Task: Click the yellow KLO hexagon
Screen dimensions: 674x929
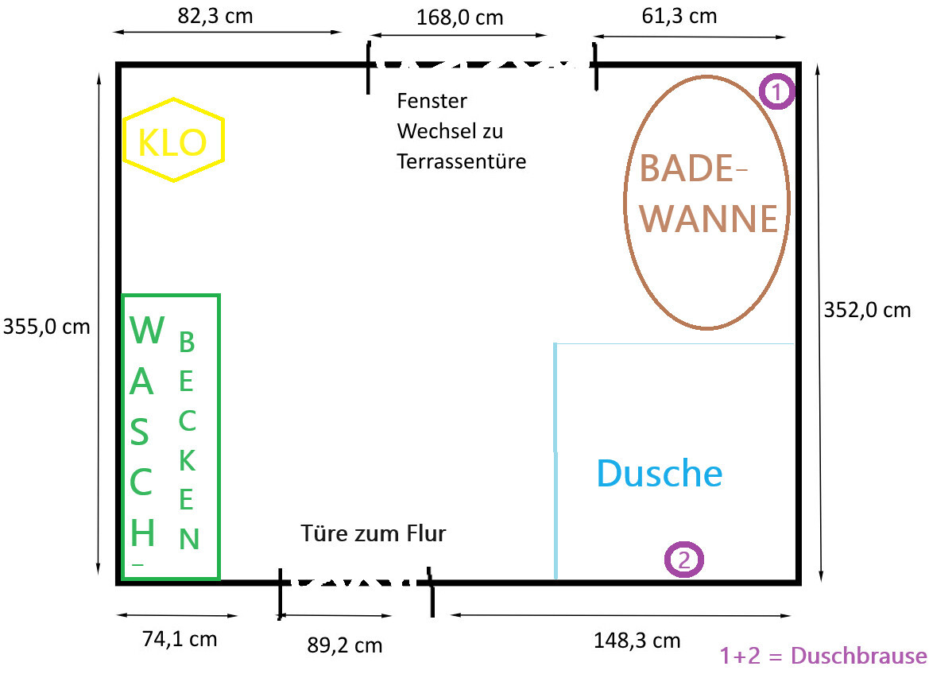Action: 174,141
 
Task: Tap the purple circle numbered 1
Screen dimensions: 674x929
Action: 777,91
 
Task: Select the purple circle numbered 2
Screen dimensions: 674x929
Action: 684,560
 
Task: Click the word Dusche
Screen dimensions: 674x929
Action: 659,474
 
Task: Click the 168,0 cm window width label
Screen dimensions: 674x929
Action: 459,17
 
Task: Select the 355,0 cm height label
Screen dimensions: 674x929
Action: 47,327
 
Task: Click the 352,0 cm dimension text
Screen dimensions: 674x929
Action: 867,310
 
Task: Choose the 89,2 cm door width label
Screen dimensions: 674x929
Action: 345,645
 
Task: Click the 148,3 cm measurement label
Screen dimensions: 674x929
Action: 637,641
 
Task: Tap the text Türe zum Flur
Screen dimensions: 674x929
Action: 374,533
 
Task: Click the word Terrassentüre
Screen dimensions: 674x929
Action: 462,161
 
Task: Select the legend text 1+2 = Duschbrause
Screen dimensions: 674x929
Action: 823,656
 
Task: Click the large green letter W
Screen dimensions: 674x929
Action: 147,330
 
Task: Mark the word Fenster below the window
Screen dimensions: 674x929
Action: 432,102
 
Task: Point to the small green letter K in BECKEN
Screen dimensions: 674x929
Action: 187,460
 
